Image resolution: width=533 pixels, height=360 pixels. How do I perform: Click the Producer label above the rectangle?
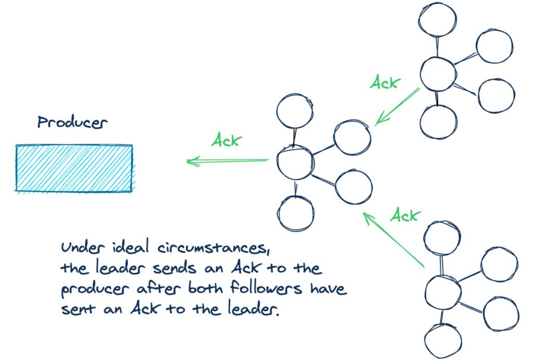[x=72, y=123]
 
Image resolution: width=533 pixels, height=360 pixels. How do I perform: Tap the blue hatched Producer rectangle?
[x=73, y=168]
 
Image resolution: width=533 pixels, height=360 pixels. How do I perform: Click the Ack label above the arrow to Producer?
[x=227, y=140]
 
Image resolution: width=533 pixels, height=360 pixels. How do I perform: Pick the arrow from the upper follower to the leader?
[x=397, y=107]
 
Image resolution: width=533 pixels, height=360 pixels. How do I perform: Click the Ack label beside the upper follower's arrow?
[x=385, y=82]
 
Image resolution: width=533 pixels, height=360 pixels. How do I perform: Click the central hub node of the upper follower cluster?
[x=438, y=75]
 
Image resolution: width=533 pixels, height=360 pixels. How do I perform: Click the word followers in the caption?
[x=271, y=289]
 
